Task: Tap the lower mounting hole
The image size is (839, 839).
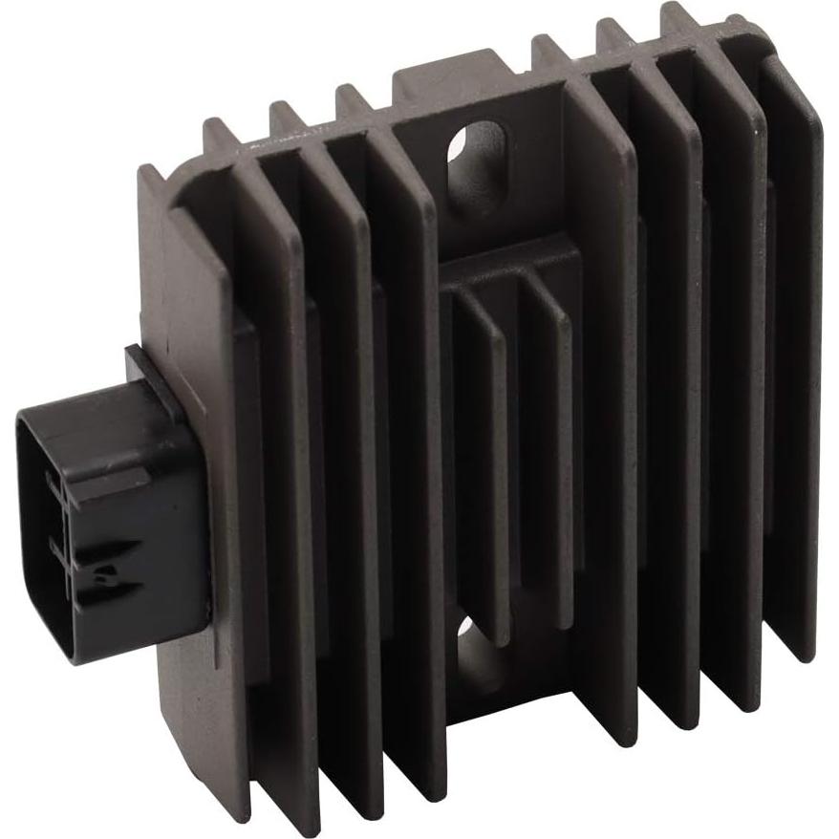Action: (476, 659)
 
